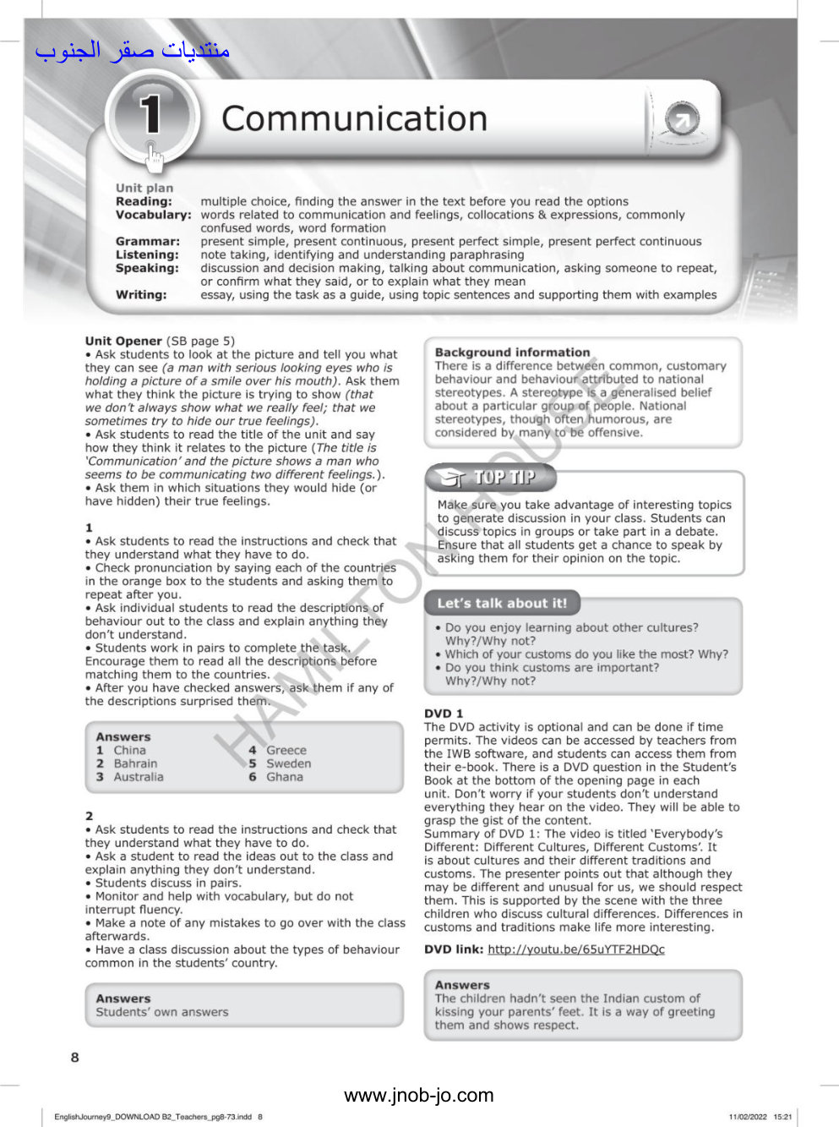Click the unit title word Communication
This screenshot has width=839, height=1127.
(354, 119)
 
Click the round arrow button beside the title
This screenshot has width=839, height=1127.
(682, 119)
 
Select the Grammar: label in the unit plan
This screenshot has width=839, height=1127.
(148, 242)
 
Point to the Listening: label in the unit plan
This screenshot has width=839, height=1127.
(147, 254)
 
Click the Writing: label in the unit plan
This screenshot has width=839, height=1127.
(141, 295)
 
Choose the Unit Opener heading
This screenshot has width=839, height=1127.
(123, 341)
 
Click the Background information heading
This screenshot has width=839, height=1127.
(512, 353)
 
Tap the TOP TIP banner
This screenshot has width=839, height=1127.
(492, 478)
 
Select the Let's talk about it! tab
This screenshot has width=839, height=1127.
(502, 603)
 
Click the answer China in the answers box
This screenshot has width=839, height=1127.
(129, 750)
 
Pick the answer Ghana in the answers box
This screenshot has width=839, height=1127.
(284, 777)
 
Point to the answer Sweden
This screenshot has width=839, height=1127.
(288, 763)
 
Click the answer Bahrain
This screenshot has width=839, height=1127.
(135, 763)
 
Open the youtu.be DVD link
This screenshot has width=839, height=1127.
(575, 949)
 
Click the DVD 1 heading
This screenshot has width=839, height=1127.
(444, 714)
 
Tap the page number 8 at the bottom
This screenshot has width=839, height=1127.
(74, 1057)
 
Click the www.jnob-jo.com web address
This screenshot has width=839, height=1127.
(418, 1096)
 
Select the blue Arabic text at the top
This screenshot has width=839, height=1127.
(133, 50)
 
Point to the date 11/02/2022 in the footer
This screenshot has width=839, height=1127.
(747, 1117)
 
